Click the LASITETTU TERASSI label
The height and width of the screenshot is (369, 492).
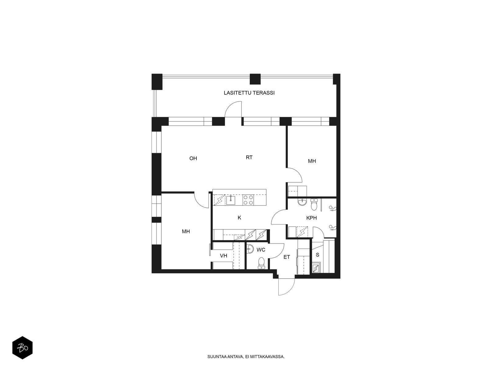249,93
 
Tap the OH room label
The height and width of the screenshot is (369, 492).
193,158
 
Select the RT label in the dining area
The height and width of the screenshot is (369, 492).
249,157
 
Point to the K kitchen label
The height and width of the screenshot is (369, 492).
239,217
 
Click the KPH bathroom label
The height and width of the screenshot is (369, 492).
311,218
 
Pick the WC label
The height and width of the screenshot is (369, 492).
261,250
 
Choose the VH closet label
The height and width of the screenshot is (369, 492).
224,256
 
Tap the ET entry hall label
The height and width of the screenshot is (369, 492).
287,257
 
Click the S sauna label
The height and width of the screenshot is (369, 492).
317,255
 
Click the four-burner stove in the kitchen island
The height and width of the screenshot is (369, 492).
248,200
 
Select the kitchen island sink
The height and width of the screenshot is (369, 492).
231,200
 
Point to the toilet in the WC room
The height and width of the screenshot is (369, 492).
261,263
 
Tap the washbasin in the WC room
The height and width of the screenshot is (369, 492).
250,249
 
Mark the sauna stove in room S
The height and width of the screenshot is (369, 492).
316,268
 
